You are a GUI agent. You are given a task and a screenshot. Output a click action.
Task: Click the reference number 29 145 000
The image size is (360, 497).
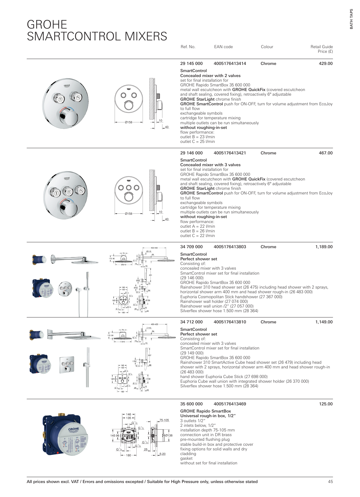coord(191,64)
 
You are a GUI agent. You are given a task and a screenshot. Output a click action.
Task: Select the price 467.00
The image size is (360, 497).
coord(326,153)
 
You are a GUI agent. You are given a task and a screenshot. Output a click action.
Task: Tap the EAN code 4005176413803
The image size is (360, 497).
coord(230,247)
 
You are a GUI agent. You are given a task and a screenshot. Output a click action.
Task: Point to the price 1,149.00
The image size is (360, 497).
coord(324,322)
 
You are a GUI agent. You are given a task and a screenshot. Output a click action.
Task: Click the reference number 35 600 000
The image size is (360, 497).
coord(191,404)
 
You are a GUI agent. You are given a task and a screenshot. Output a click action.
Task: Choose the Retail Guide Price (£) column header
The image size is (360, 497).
coord(321,49)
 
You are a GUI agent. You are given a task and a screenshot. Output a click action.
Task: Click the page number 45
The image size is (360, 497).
coord(330,482)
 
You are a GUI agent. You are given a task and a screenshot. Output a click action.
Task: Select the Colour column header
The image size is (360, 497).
coord(267,47)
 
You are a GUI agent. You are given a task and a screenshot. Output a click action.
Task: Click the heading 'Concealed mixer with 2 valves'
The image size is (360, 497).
coord(210,76)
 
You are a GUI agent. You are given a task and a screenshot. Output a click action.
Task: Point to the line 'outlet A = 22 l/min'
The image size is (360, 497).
coord(197,226)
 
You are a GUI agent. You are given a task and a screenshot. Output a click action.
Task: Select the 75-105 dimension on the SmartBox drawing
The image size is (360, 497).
coord(164,420)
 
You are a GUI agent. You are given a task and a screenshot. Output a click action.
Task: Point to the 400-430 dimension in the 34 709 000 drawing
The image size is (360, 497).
coord(152,248)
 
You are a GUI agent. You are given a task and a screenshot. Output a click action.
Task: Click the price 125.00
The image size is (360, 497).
coord(326,404)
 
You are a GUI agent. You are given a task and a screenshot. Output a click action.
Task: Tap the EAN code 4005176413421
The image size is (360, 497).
coord(230,153)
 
